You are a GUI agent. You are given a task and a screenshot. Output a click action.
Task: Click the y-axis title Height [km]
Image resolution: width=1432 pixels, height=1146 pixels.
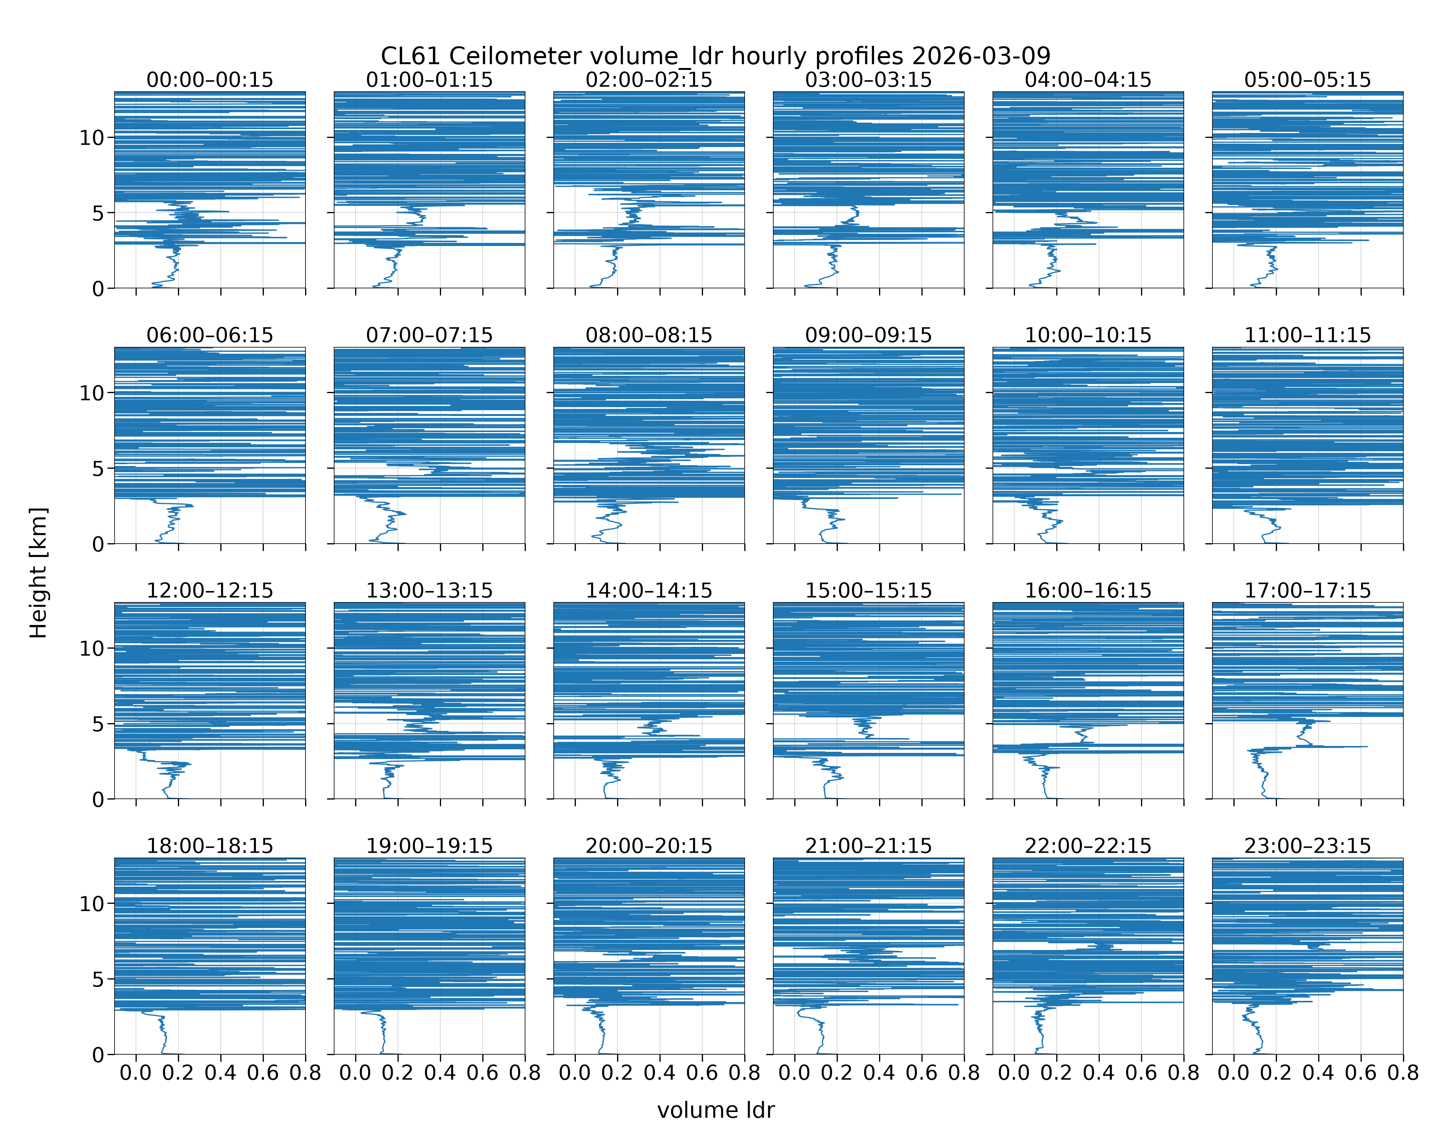[x=39, y=573]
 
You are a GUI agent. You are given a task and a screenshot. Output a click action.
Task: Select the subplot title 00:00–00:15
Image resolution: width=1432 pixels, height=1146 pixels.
[x=210, y=80]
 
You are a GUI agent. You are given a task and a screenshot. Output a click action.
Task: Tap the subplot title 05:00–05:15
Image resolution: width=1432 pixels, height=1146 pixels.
[x=1307, y=80]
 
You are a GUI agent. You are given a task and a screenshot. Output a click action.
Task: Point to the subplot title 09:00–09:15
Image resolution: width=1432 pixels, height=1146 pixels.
[x=868, y=335]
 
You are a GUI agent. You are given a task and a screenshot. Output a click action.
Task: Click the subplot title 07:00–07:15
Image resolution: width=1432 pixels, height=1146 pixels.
[x=429, y=335]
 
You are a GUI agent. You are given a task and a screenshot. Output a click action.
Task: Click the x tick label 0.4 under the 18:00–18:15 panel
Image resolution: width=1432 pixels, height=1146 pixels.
[x=220, y=1073]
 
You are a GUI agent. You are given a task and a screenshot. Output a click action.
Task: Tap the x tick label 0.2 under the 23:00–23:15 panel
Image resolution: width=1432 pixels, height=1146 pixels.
[x=1276, y=1073]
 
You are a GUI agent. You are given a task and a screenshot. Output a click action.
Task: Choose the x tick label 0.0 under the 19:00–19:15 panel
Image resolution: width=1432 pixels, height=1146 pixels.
[x=356, y=1073]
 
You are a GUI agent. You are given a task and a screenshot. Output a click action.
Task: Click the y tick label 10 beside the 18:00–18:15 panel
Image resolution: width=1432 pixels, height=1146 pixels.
[x=92, y=903]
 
